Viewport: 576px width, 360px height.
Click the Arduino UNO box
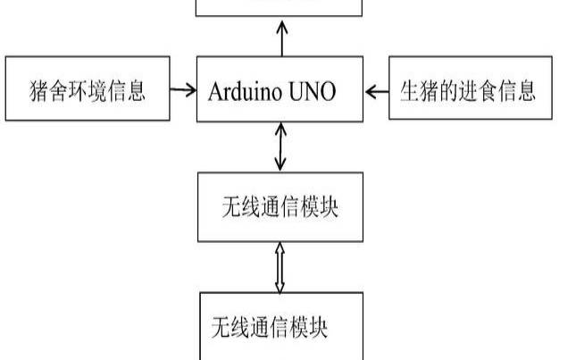click(x=280, y=89)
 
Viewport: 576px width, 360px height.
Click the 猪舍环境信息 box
click(x=87, y=88)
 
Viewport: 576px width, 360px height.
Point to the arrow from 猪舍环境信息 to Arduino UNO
click(x=183, y=89)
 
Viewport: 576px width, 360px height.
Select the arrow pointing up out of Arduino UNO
click(x=281, y=37)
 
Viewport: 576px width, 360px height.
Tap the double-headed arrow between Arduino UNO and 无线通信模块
click(x=281, y=147)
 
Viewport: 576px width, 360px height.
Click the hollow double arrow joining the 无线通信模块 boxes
click(x=280, y=266)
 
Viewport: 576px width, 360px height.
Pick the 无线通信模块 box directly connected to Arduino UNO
click(x=280, y=207)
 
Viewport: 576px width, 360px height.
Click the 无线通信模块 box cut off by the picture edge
click(x=280, y=327)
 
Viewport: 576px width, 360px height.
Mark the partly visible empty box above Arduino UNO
click(x=280, y=8)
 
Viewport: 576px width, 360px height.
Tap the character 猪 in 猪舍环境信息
click(x=39, y=90)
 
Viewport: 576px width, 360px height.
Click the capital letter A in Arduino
click(x=213, y=90)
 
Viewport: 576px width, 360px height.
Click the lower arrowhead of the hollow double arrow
click(x=280, y=286)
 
